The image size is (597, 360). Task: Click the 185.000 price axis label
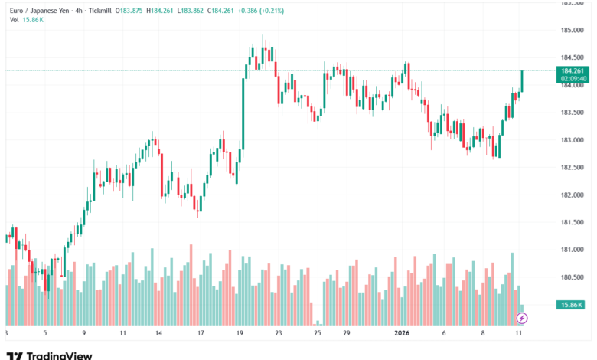click(x=573, y=31)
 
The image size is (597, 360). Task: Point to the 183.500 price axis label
click(x=573, y=113)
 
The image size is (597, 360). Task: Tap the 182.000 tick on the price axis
click(x=573, y=195)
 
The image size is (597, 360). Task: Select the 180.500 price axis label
click(x=573, y=278)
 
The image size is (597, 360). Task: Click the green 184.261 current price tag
click(x=573, y=70)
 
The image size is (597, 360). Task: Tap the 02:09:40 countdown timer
click(x=573, y=78)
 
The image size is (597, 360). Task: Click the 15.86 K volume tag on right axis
click(x=572, y=305)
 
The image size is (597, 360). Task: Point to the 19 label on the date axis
click(x=240, y=334)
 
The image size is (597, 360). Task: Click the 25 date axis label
click(x=317, y=334)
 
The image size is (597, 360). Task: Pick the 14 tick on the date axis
click(x=158, y=334)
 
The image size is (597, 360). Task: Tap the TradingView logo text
click(x=59, y=355)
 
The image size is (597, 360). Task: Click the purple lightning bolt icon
click(x=522, y=317)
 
